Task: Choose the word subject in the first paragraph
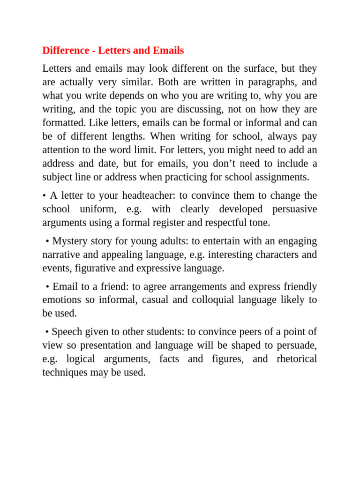click(x=57, y=177)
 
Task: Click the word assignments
click(x=281, y=177)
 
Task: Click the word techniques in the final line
click(x=65, y=373)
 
